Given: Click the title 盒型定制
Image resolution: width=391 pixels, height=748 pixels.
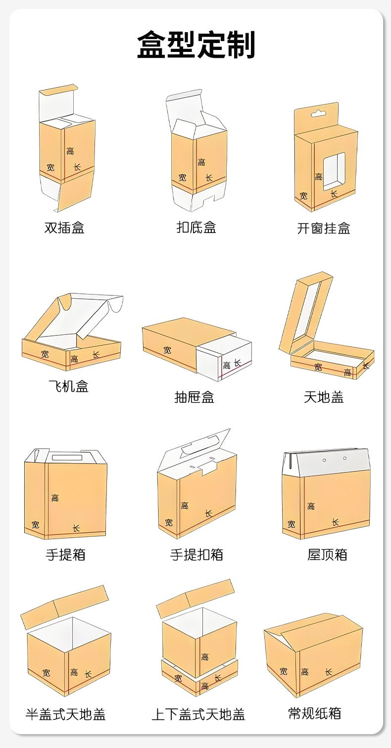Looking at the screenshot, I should [196, 45].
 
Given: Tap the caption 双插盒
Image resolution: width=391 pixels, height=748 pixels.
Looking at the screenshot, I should [64, 228].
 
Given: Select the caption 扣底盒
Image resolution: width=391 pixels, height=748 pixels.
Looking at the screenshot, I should [196, 228].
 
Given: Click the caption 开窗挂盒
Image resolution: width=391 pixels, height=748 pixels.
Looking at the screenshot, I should [324, 229].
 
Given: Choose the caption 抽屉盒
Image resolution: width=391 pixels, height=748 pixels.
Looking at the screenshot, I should [195, 397].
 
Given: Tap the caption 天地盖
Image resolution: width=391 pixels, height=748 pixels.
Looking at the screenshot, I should [324, 397].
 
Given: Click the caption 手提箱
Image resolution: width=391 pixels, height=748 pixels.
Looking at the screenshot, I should [66, 555].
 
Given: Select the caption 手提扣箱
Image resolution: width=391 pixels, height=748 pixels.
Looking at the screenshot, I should [196, 555].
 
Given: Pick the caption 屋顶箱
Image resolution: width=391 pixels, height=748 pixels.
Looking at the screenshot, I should [327, 555].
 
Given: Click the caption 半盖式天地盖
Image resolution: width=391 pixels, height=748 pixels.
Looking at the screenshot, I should [66, 714].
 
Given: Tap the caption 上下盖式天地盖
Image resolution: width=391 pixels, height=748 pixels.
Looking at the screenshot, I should [198, 714].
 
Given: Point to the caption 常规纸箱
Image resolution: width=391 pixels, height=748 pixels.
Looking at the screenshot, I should [315, 713].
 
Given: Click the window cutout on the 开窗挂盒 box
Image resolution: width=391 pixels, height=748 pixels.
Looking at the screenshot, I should [334, 171].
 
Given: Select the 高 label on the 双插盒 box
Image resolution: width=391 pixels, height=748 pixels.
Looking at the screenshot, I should [71, 151].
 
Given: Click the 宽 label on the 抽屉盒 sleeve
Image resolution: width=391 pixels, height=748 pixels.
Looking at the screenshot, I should [167, 350].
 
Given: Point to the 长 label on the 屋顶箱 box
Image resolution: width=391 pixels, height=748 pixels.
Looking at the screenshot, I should [335, 522].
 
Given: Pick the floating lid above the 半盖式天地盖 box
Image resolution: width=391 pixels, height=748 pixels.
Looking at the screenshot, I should [64, 607].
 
